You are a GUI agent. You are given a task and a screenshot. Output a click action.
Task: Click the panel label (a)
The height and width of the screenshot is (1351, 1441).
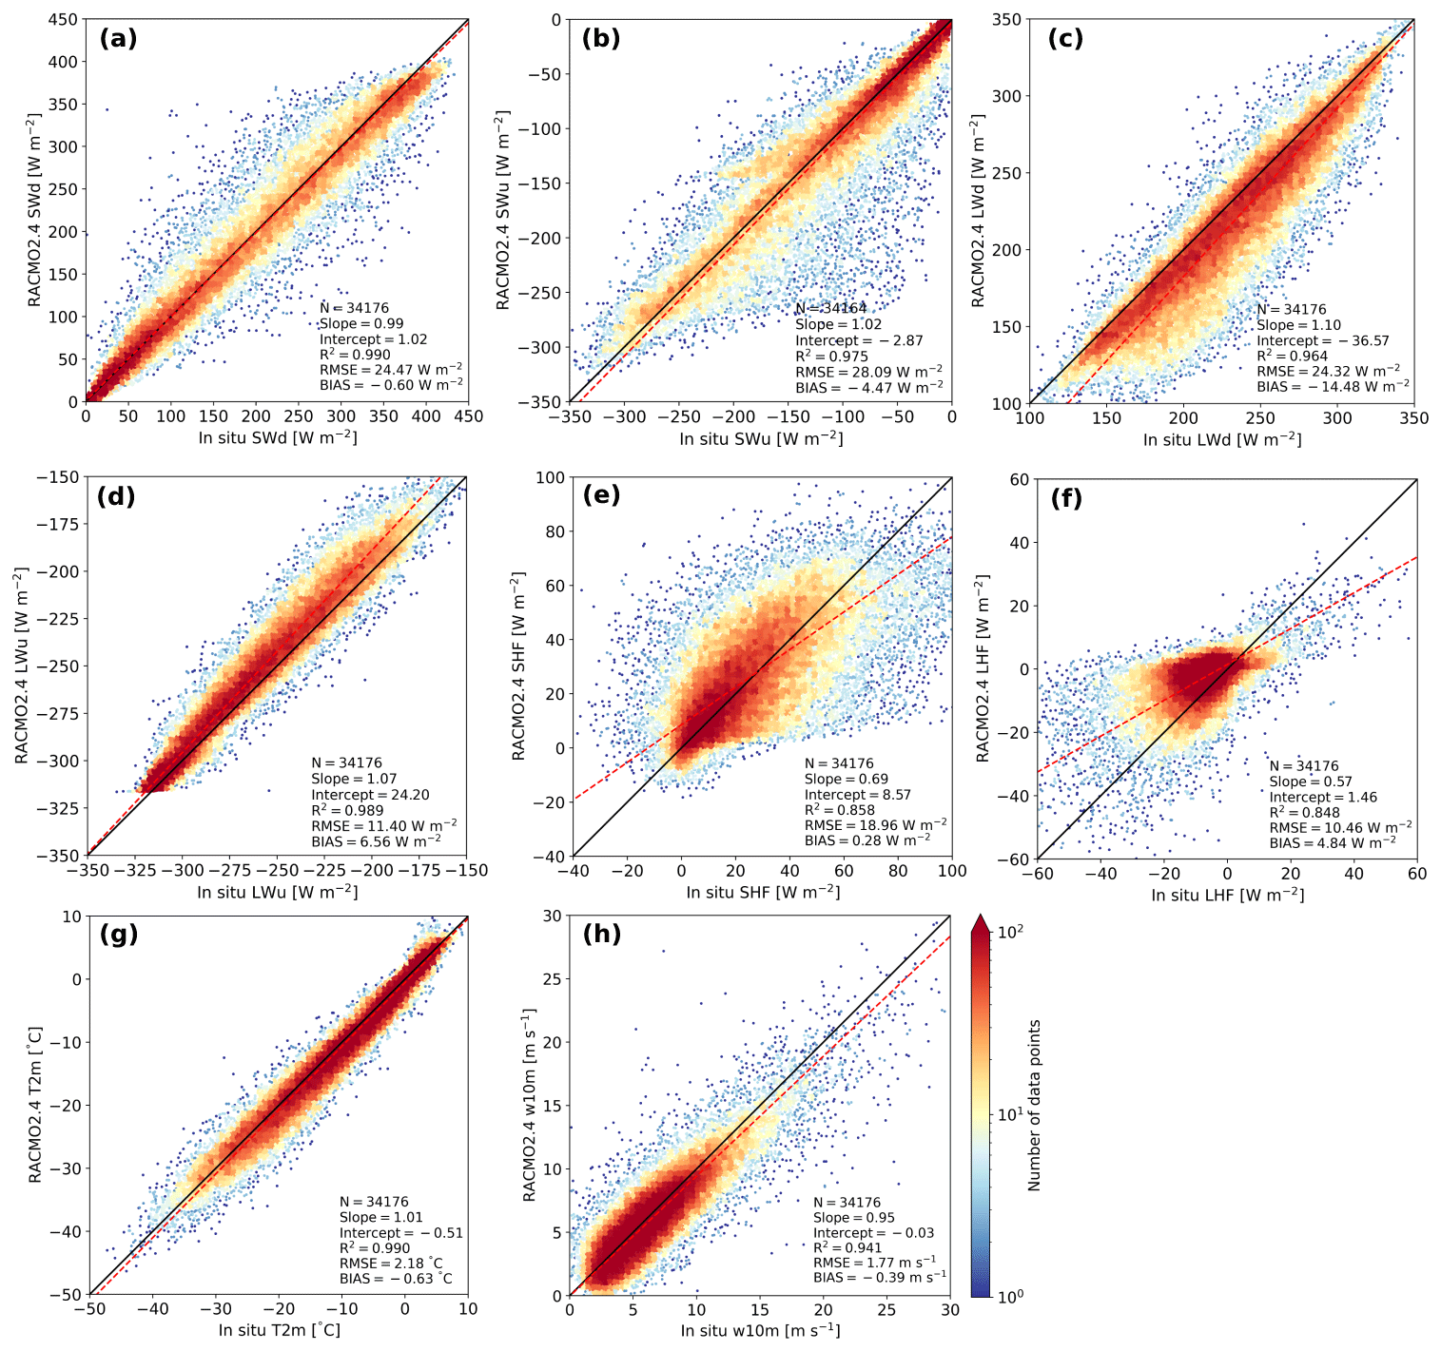[118, 39]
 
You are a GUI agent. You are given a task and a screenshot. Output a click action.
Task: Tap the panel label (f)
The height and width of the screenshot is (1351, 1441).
[1066, 498]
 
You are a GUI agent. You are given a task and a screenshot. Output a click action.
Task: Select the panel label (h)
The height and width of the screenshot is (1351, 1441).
[601, 934]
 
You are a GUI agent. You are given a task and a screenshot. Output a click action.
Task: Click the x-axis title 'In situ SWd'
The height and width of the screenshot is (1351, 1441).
[278, 437]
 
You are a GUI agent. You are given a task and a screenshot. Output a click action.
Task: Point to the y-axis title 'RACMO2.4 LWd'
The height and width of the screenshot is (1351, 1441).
[978, 211]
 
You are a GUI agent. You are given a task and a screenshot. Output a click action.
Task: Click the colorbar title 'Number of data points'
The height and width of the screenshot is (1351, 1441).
[1035, 1106]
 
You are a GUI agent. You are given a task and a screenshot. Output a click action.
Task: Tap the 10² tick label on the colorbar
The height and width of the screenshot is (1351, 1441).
[1010, 933]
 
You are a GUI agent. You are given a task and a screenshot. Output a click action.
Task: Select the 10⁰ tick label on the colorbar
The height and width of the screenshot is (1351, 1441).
[1010, 1295]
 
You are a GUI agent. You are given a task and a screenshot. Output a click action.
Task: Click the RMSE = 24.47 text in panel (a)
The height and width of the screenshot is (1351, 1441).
[391, 370]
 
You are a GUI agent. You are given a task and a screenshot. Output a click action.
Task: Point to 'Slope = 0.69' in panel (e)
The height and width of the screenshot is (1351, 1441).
[847, 779]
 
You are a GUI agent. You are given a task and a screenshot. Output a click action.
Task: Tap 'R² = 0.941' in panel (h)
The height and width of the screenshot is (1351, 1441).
[847, 1247]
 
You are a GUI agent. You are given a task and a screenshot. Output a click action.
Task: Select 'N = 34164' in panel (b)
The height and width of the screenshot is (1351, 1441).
[831, 308]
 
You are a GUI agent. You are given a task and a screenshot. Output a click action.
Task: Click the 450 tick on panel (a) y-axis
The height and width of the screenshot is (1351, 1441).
[65, 20]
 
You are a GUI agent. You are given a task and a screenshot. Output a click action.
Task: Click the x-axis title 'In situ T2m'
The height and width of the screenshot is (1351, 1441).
[279, 1330]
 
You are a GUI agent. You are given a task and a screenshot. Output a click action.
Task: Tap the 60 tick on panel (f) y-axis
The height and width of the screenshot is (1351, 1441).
[1020, 479]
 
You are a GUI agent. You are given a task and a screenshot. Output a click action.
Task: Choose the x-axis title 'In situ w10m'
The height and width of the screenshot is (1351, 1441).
[760, 1330]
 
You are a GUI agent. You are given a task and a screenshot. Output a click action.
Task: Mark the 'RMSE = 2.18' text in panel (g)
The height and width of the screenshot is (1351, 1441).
[391, 1264]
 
